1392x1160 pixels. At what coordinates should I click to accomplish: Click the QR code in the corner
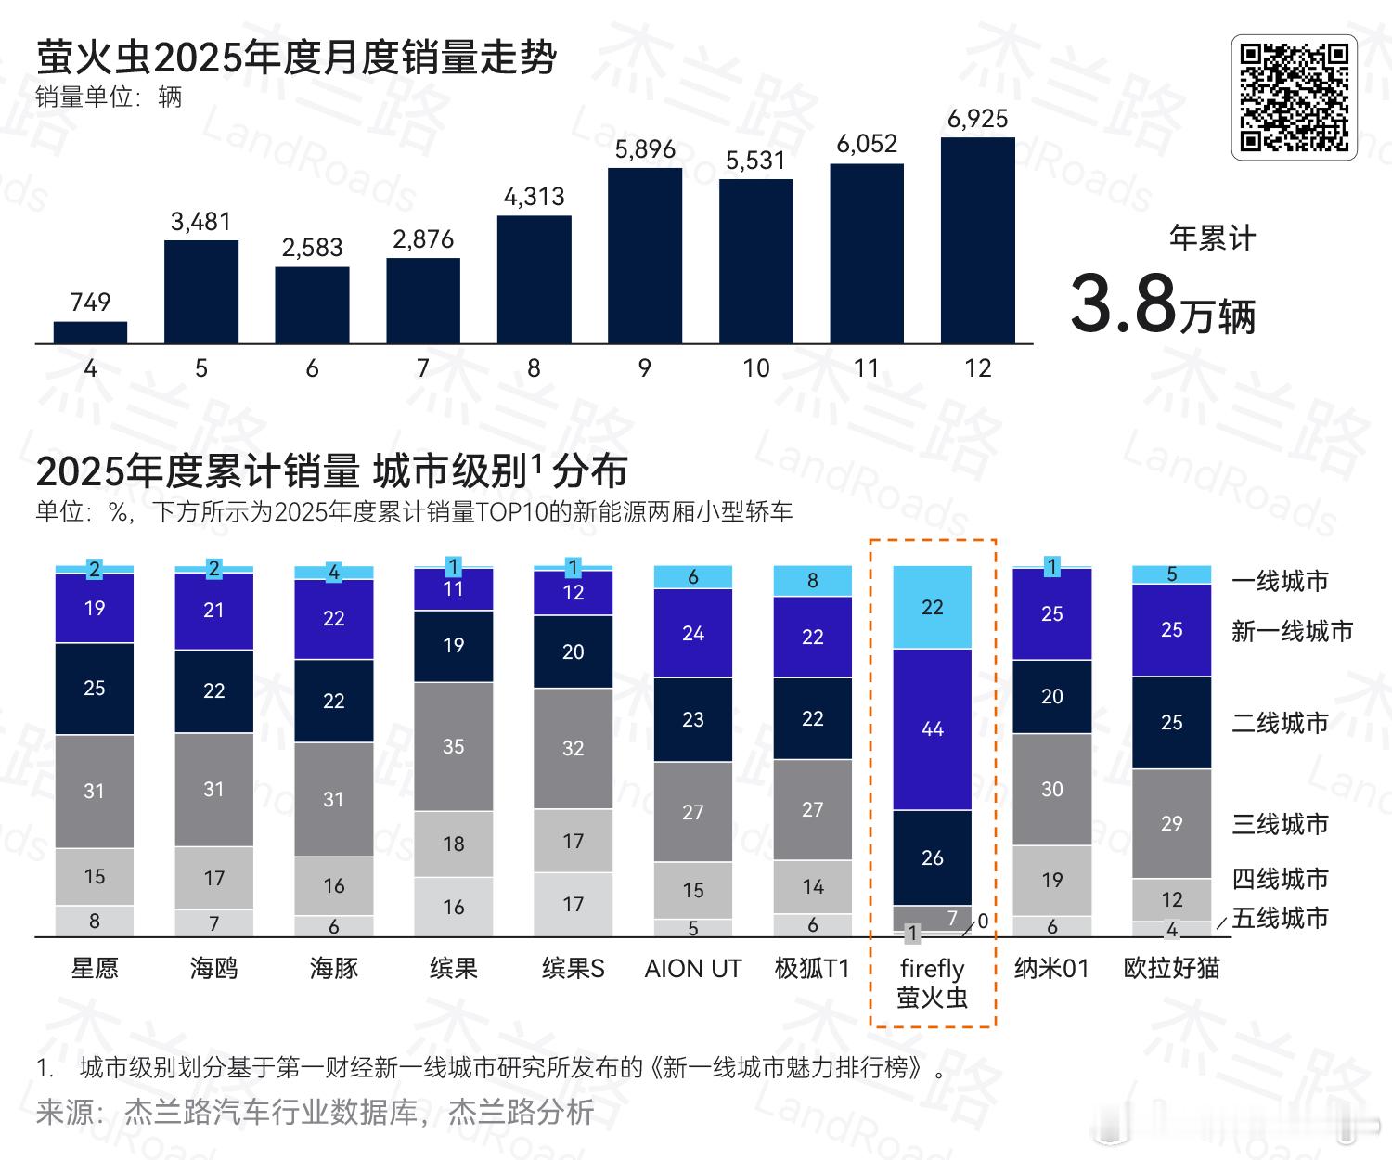tap(1294, 97)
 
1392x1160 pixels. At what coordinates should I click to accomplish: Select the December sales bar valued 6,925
tap(977, 240)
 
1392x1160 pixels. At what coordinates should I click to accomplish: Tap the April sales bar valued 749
tap(90, 332)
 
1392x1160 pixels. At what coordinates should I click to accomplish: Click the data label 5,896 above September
tap(645, 149)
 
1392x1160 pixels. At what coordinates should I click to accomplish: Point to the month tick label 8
tap(534, 368)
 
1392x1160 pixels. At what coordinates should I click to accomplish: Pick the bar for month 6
tap(312, 305)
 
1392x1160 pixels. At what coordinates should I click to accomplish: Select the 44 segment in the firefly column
tap(932, 729)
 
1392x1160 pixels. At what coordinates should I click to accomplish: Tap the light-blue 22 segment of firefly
tap(932, 608)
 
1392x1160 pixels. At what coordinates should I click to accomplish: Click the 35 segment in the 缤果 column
tap(453, 747)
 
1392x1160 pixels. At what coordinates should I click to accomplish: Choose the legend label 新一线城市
tap(1292, 632)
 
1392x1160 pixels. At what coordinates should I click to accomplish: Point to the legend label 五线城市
tap(1280, 918)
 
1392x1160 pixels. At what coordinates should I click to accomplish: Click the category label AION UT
tap(692, 969)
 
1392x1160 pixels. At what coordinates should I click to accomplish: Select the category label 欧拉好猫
tap(1171, 969)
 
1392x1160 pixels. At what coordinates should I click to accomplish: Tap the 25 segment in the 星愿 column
tap(94, 689)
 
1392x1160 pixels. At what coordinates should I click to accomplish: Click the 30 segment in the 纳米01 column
tap(1051, 790)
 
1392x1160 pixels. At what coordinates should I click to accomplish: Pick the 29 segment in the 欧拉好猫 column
tap(1171, 823)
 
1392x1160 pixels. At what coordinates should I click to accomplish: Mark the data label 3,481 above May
tap(200, 222)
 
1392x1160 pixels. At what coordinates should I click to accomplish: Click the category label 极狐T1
tap(812, 969)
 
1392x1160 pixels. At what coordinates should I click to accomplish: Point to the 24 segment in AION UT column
tap(692, 634)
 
